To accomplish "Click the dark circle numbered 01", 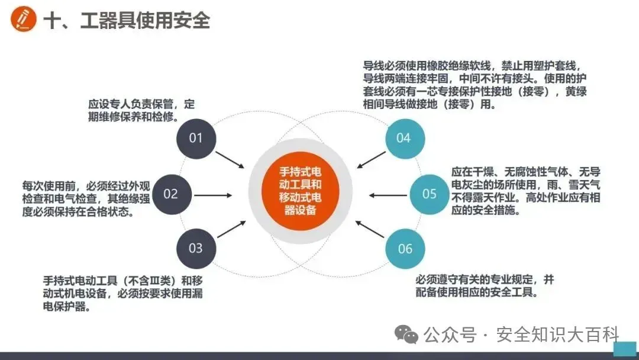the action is pyautogui.click(x=195, y=138).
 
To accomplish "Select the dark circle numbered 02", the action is pyautogui.click(x=170, y=194).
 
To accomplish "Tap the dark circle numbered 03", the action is pyautogui.click(x=195, y=248).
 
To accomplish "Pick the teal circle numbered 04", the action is pyautogui.click(x=404, y=138).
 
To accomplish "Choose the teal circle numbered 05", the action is pyautogui.click(x=429, y=194).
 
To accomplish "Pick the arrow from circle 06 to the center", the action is pyautogui.click(x=372, y=229).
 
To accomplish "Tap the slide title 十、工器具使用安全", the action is pyautogui.click(x=127, y=20).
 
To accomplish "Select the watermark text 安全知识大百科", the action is pyautogui.click(x=557, y=335).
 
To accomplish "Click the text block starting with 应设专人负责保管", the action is pyautogui.click(x=141, y=110).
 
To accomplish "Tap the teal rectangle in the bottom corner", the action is pyautogui.click(x=624, y=349).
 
